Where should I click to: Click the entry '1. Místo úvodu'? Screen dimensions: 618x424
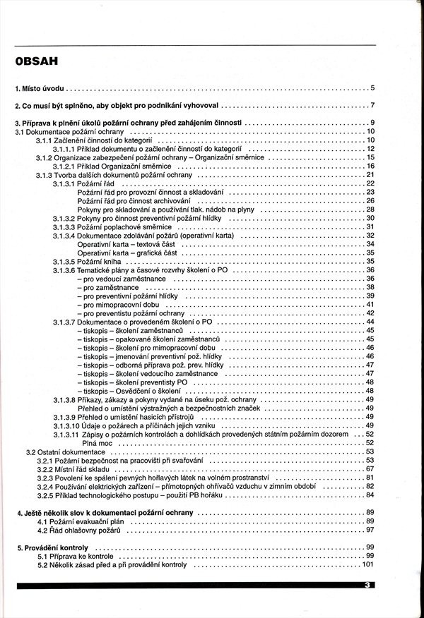(x=40, y=89)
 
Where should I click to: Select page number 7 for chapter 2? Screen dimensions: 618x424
(x=372, y=107)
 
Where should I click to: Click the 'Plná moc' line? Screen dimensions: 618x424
(x=92, y=442)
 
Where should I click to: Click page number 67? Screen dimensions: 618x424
(x=370, y=468)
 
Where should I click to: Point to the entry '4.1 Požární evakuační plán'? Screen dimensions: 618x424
(x=82, y=521)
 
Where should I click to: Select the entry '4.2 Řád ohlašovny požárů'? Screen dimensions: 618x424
(x=79, y=529)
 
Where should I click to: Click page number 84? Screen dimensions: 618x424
(x=370, y=495)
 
